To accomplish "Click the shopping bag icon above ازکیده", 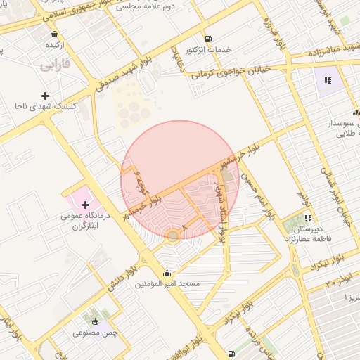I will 55,33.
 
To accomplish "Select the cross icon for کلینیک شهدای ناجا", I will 46,96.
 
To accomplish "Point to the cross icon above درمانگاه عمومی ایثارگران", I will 86,205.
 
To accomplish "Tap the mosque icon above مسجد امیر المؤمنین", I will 167,273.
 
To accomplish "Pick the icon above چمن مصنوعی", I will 96,321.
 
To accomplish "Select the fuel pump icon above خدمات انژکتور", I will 207,39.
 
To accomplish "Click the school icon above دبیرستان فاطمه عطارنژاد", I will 307,219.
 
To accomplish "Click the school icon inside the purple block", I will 328,80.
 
